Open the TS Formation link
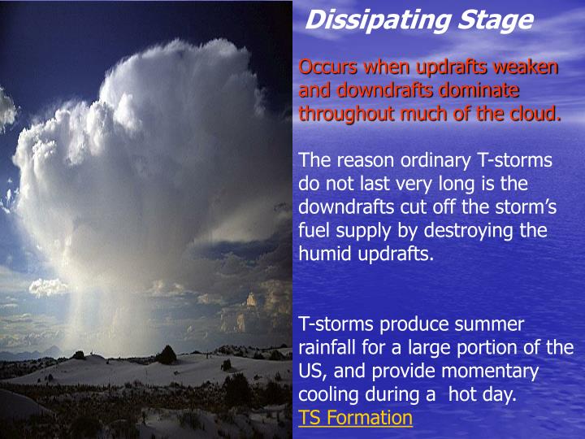[x=355, y=419]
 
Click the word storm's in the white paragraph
[x=518, y=207]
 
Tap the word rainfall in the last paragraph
[x=330, y=348]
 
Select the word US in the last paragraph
[x=310, y=372]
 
